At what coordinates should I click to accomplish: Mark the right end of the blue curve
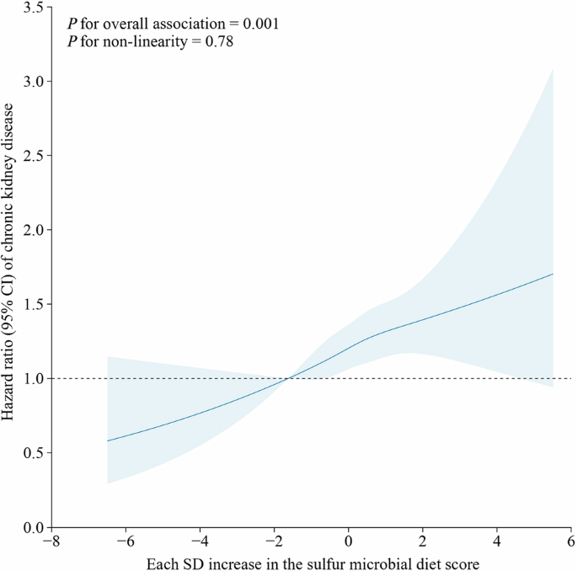(553, 274)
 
